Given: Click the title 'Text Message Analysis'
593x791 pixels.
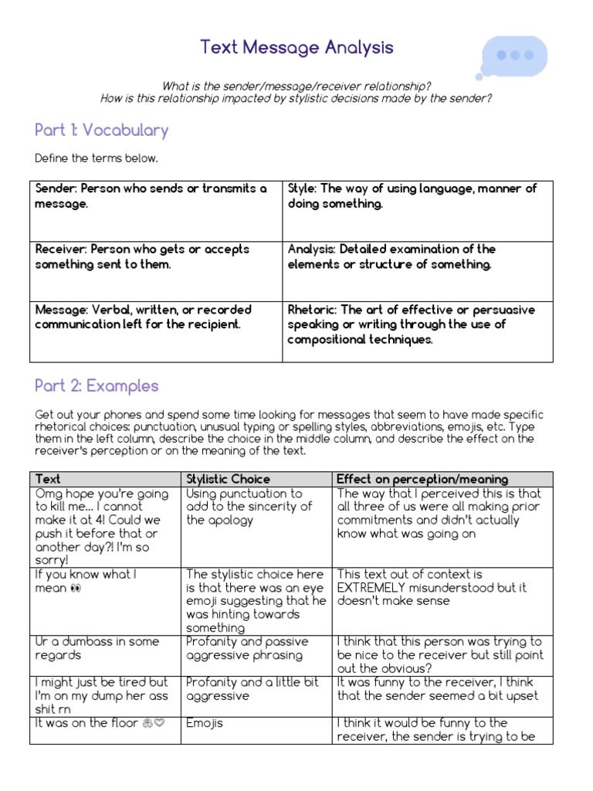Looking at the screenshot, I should coord(296,48).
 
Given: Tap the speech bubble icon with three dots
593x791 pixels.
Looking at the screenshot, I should coord(513,56).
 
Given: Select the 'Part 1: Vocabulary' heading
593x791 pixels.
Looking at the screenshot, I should coord(101,130).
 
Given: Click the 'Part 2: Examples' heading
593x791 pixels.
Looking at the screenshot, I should coord(97,385).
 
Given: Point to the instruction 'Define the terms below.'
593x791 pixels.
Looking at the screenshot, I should coord(96,158).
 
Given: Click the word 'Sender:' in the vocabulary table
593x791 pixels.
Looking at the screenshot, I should coord(56,188).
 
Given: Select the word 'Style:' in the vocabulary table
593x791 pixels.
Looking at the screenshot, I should coord(302,188).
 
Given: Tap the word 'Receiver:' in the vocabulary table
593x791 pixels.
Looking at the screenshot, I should coord(61,250).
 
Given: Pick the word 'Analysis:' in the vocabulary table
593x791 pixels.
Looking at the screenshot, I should coord(312,250).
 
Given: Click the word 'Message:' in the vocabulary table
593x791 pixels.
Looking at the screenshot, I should coord(61,310).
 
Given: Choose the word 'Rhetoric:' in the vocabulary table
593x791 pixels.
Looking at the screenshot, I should coord(312,310).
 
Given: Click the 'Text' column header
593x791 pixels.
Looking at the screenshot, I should coord(48,479).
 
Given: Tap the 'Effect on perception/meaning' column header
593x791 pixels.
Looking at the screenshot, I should coord(422,479).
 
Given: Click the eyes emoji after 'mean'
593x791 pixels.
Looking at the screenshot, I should coord(74,589).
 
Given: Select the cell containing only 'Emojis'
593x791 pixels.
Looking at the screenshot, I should coord(205,723).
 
